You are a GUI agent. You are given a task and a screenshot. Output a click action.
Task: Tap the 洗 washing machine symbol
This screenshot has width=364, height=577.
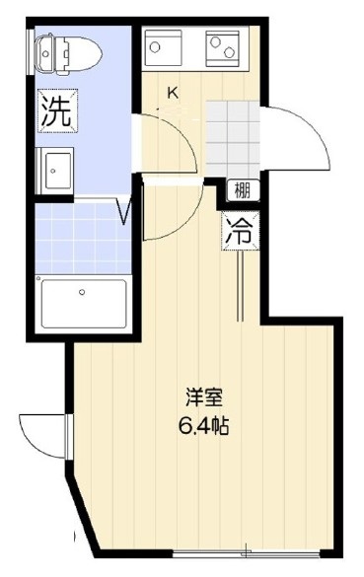[x=56, y=109]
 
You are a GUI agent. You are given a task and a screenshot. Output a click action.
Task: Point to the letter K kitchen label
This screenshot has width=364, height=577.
[x=172, y=94]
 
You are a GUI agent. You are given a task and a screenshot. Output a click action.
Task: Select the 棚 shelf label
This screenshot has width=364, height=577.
[x=242, y=190]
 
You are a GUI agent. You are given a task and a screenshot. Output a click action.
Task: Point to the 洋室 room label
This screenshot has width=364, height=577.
[x=205, y=400]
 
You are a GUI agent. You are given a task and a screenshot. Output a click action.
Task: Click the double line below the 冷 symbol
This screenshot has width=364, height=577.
[x=241, y=286]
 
